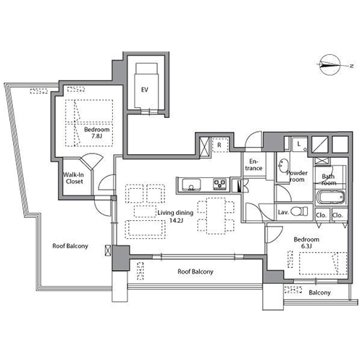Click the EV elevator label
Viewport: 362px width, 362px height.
pos(145,90)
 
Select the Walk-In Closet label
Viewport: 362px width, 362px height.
pos(74,178)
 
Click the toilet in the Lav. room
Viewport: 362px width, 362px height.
pos(299,211)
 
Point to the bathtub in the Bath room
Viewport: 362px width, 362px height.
pos(330,197)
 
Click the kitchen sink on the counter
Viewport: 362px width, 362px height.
pos(191,185)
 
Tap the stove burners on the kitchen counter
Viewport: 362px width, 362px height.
pos(219,184)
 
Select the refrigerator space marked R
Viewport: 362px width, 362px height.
pos(219,145)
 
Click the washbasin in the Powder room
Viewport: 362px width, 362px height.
pos(283,166)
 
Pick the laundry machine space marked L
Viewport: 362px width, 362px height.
pos(299,144)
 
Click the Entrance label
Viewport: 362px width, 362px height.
pos(253,165)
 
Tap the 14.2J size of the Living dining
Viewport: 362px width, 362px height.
pos(177,220)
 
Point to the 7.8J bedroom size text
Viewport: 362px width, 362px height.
pos(97,136)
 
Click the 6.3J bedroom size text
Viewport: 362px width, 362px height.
pos(306,246)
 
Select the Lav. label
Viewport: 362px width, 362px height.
pos(283,212)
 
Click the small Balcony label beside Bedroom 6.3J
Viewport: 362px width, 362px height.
pos(319,292)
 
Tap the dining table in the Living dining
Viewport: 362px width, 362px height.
pos(216,216)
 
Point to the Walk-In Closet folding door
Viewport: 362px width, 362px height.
pos(92,161)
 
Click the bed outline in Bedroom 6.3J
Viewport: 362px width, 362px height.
pos(323,264)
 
